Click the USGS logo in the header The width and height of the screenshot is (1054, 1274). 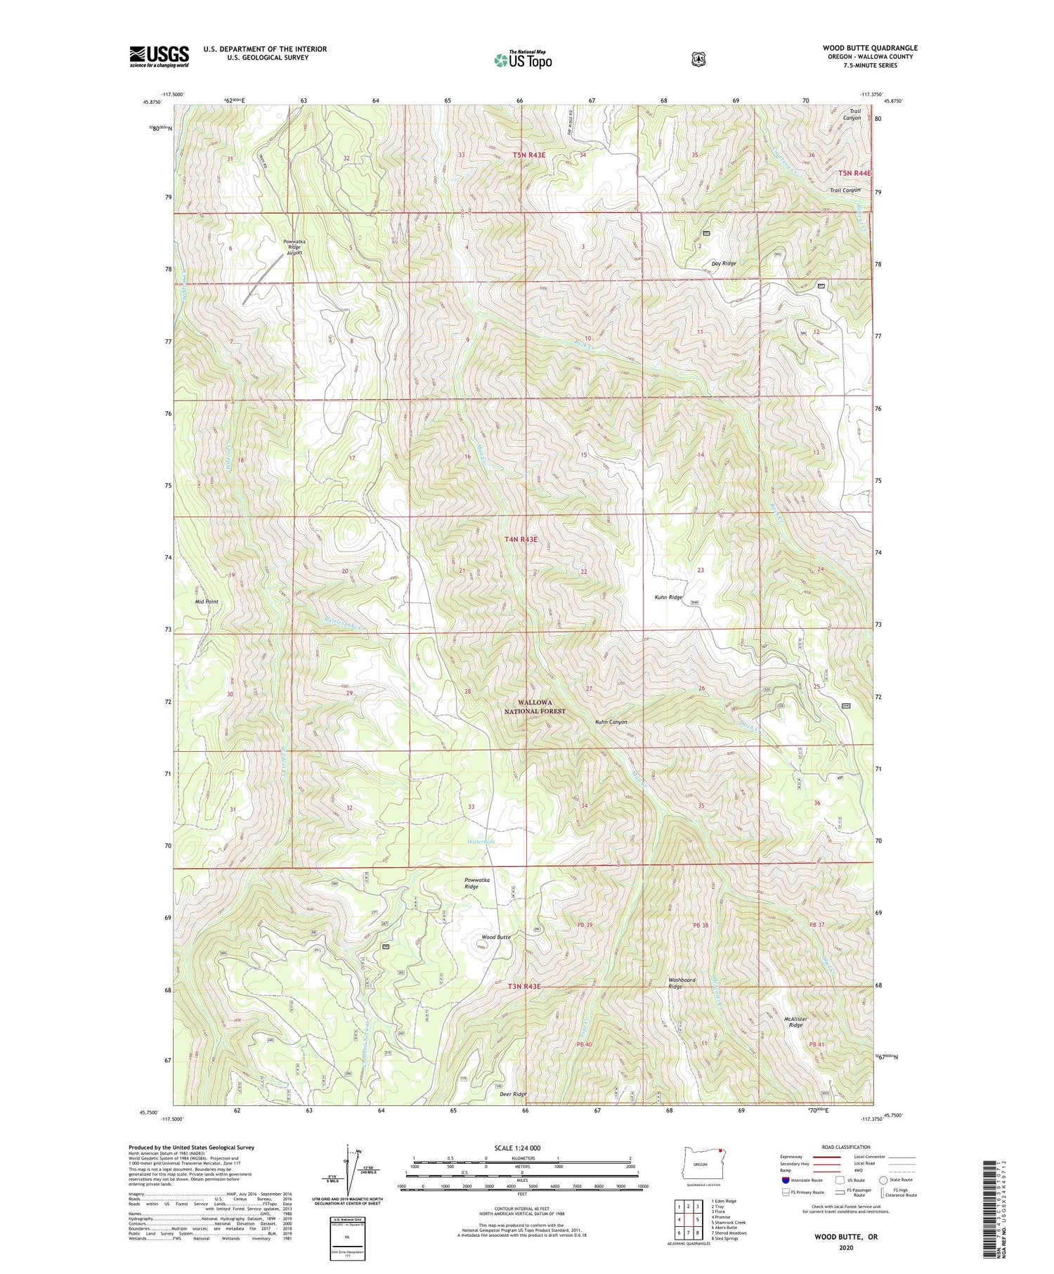pyautogui.click(x=160, y=56)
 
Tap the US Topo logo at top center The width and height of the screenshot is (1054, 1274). pyautogui.click(x=523, y=60)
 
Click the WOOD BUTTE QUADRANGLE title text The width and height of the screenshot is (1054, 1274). pyautogui.click(x=870, y=48)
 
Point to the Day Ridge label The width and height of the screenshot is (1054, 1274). pyautogui.click(x=723, y=264)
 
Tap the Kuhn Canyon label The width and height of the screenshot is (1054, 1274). pyautogui.click(x=611, y=722)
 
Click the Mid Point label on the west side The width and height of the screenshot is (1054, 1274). pyautogui.click(x=207, y=602)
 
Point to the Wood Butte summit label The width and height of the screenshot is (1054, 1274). pyautogui.click(x=495, y=937)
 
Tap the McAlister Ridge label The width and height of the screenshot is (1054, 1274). pyautogui.click(x=795, y=1021)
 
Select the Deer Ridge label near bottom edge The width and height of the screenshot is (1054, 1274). pyautogui.click(x=512, y=1094)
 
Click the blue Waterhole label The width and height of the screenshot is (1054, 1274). pyautogui.click(x=481, y=841)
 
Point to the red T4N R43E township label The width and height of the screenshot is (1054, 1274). pyautogui.click(x=521, y=539)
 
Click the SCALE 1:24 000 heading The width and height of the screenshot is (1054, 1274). pyautogui.click(x=521, y=1148)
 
